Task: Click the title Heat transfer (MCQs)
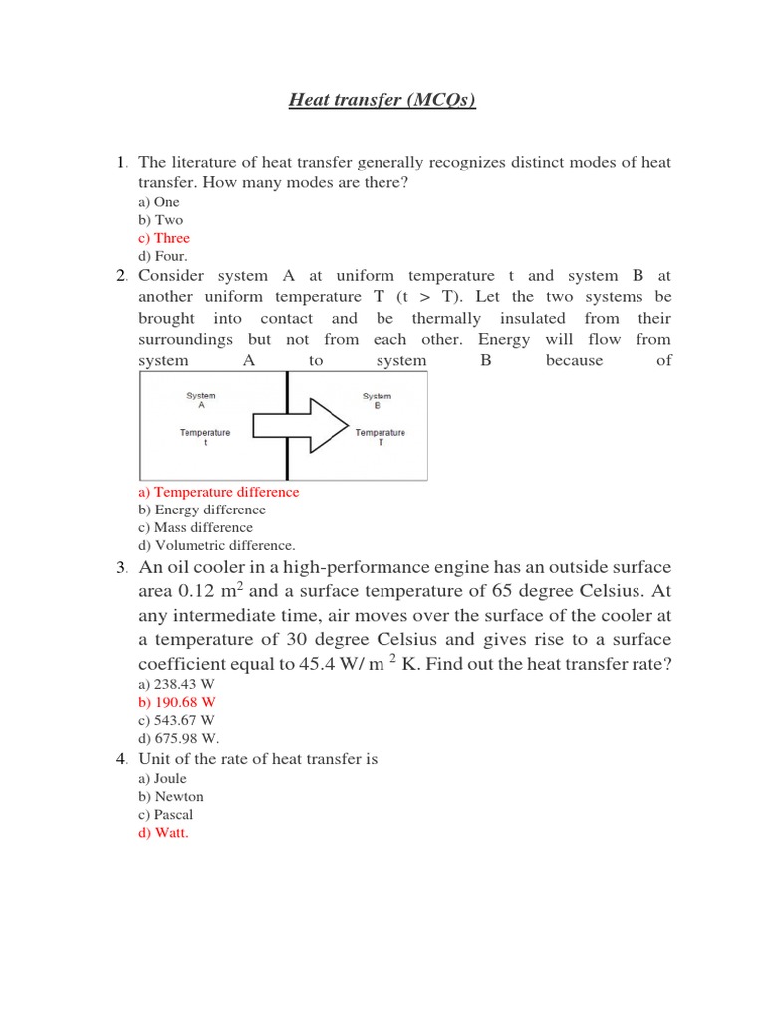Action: [382, 99]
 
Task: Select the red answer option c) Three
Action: [164, 238]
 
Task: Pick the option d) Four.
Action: [163, 256]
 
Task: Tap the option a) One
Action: [159, 202]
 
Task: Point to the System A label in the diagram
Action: [201, 400]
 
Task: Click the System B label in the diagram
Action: [378, 400]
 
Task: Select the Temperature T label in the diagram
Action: [380, 438]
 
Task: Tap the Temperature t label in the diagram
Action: [205, 437]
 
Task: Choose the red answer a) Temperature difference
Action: [218, 492]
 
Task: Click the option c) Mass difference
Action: [195, 527]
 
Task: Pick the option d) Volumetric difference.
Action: [216, 545]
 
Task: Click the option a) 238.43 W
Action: [176, 683]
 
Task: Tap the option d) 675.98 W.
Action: [178, 738]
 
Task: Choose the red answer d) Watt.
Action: [163, 833]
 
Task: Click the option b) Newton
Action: [171, 796]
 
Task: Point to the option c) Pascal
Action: [166, 814]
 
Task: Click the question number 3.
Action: [122, 568]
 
